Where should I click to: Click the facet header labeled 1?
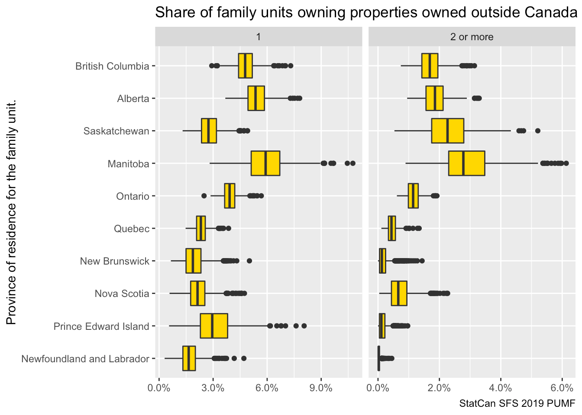coord(259,37)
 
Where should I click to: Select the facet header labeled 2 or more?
coord(472,37)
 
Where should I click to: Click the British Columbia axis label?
coord(112,66)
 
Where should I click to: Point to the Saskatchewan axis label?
coord(116,131)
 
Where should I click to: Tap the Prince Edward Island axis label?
coord(101,326)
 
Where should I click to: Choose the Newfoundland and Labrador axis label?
coord(85,359)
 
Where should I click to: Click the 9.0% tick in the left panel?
coord(321,388)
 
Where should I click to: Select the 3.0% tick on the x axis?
coord(213,388)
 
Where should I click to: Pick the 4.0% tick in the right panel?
coord(500,388)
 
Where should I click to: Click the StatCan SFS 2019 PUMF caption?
coord(517,404)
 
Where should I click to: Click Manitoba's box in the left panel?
coord(265,163)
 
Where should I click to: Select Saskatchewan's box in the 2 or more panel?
coord(447,131)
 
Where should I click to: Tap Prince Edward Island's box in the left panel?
coord(213,326)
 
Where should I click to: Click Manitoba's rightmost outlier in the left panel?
coord(352,163)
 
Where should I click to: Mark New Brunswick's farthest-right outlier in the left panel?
coord(249,261)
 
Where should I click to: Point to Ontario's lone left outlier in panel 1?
coord(204,196)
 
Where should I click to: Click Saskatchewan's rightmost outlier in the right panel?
coord(537,131)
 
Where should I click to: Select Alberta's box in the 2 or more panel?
coord(434,99)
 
